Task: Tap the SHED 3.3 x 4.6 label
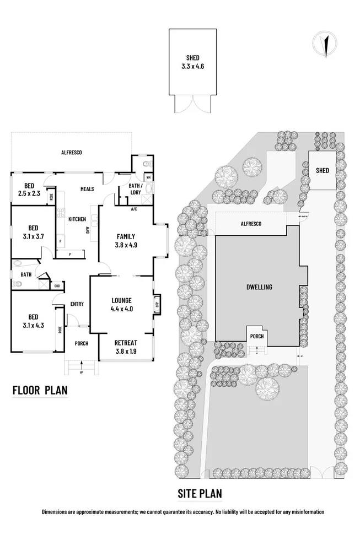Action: pyautogui.click(x=192, y=61)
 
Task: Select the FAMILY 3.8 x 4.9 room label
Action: pyautogui.click(x=125, y=241)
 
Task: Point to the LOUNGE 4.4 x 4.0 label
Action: pyautogui.click(x=122, y=304)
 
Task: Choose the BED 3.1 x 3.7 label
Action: pyautogui.click(x=33, y=232)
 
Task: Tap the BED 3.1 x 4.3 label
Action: pyautogui.click(x=33, y=321)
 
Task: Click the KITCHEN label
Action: pyautogui.click(x=77, y=219)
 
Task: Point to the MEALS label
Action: pyautogui.click(x=87, y=188)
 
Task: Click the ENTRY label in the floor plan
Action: pyautogui.click(x=77, y=304)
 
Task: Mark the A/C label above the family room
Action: pyautogui.click(x=134, y=209)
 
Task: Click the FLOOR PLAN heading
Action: pyautogui.click(x=40, y=391)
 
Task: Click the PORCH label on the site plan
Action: pyautogui.click(x=256, y=336)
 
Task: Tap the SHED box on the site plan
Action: pyautogui.click(x=322, y=170)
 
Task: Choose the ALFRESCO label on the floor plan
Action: pyautogui.click(x=71, y=152)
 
